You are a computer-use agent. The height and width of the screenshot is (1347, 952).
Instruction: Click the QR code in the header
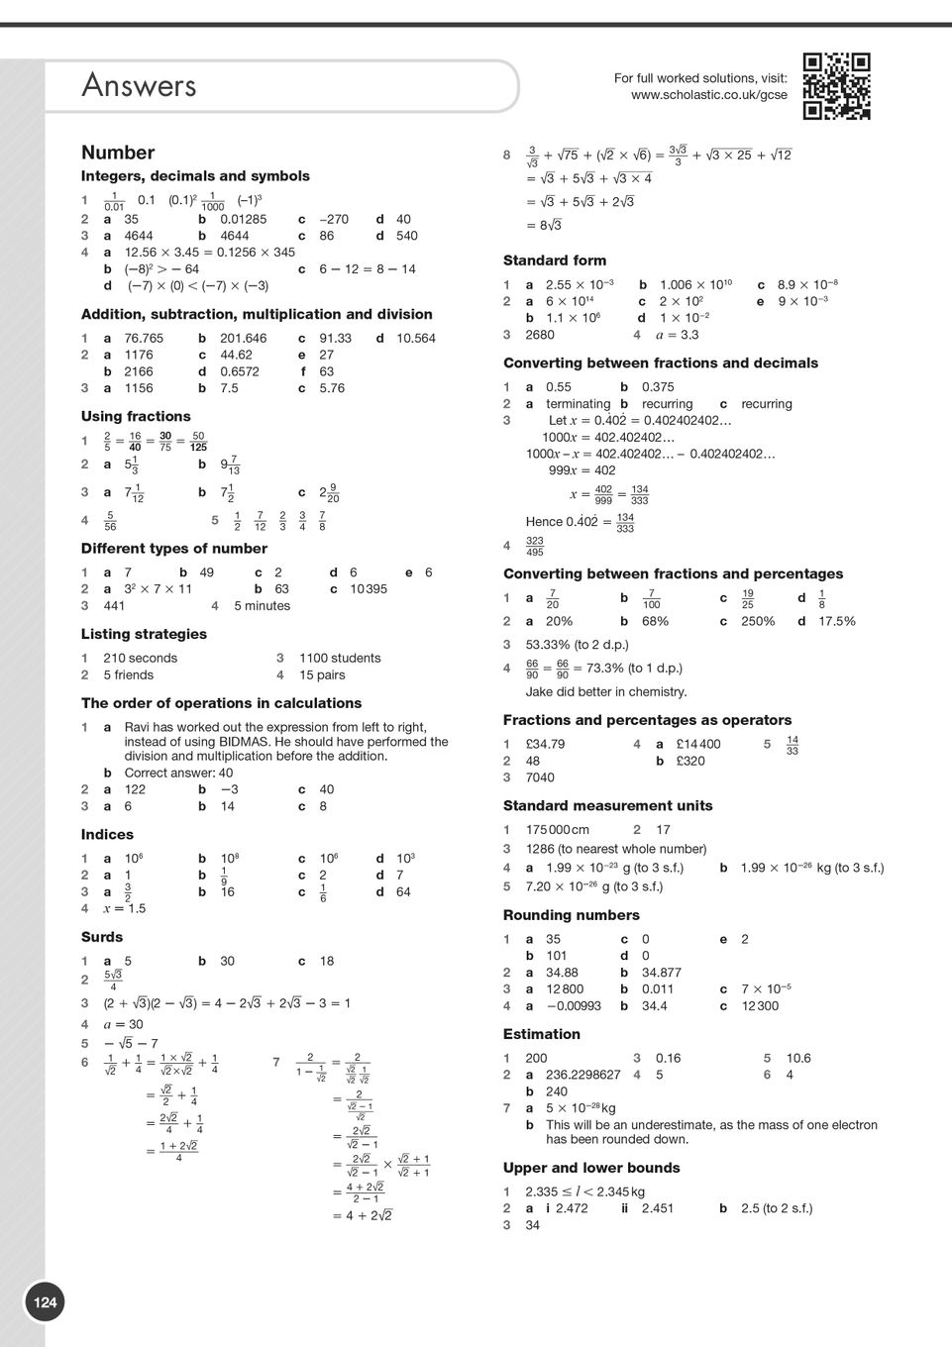[x=836, y=86]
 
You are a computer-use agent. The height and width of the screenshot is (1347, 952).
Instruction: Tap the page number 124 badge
[x=46, y=1301]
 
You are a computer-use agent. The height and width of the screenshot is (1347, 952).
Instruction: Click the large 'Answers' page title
[x=139, y=86]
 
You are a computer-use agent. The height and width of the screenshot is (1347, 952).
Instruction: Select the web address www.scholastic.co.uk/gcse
[x=708, y=95]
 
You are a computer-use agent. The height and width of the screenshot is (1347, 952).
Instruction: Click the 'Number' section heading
[x=118, y=153]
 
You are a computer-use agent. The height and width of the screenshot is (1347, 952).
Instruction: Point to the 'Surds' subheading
[x=102, y=937]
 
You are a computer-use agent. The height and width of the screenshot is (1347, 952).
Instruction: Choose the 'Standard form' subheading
[x=554, y=260]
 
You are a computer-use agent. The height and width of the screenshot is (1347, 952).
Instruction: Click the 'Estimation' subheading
[x=541, y=1034]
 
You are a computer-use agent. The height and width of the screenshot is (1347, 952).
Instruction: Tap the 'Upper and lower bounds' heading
[x=590, y=1168]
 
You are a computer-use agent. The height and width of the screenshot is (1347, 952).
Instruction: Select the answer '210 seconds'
[x=140, y=658]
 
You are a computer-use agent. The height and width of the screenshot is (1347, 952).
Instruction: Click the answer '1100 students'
[x=340, y=658]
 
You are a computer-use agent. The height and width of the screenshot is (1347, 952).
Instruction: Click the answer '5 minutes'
[x=262, y=605]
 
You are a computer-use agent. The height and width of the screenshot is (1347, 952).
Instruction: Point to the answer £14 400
[x=698, y=744]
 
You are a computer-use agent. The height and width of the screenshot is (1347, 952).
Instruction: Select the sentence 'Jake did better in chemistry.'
[x=605, y=691]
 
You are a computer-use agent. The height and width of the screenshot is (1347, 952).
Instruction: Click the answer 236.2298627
[x=582, y=1075]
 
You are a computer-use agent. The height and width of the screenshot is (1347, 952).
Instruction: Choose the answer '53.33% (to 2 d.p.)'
[x=577, y=645]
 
